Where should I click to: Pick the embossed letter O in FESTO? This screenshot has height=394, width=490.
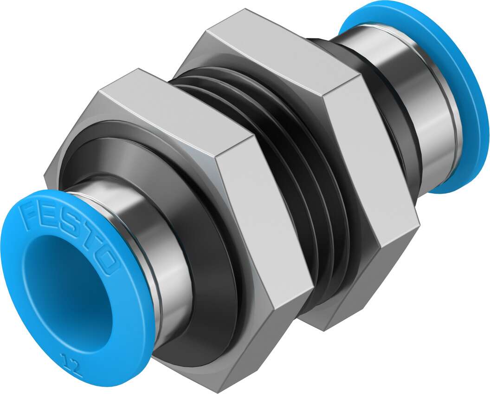(106, 263)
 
